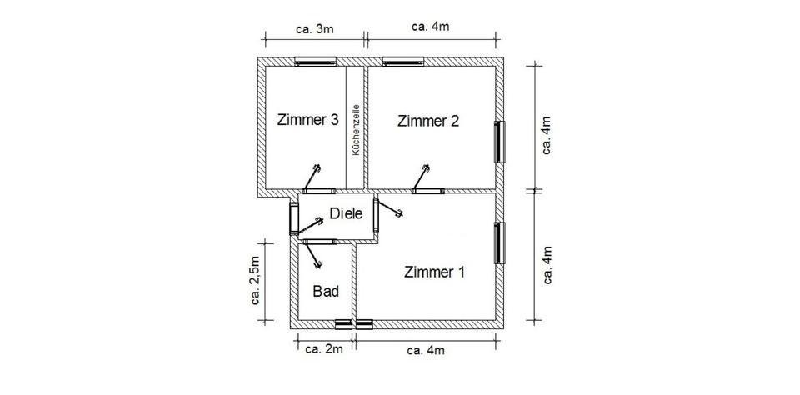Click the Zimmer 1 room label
pos(435,272)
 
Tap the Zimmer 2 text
pos(428,121)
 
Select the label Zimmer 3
pos(307,120)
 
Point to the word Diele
pos(346,213)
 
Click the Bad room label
pos(325,292)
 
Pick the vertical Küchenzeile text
pos(356,130)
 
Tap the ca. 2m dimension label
pos(323,348)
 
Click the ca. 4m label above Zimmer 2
pos(431,26)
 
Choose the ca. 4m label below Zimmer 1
pos(426,350)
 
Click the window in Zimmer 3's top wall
pos(316,60)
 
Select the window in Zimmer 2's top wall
pos(403,60)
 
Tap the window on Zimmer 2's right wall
pos(501,142)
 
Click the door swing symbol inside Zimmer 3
pos(312,177)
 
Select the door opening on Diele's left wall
pos(294,218)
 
